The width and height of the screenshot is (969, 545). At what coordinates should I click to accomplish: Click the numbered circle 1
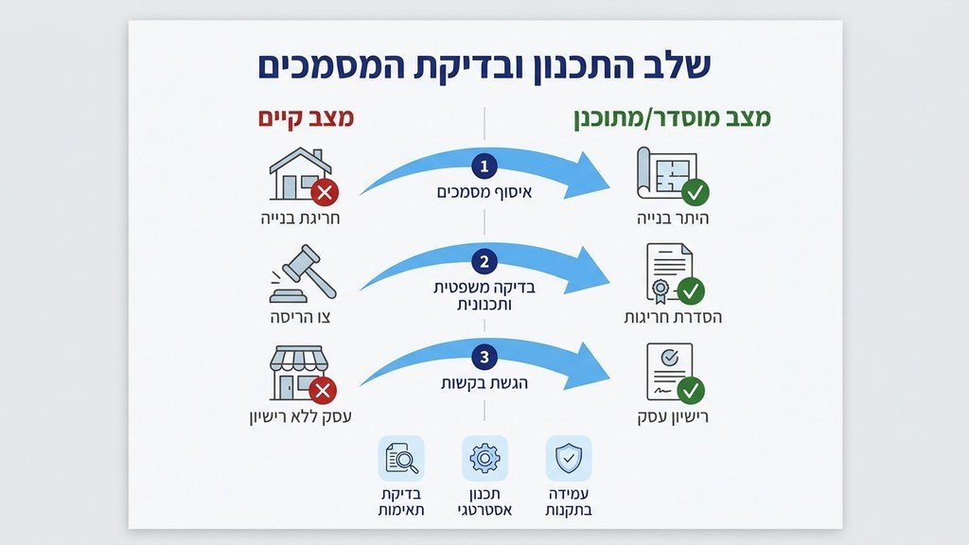click(484, 167)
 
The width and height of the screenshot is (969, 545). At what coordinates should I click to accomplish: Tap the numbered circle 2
click(484, 262)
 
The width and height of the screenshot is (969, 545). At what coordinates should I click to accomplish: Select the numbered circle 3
click(484, 358)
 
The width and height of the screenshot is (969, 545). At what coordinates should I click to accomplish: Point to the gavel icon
click(302, 273)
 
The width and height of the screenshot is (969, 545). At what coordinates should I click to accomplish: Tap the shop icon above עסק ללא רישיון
click(298, 372)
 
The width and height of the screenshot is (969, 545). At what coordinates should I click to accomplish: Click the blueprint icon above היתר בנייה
click(668, 172)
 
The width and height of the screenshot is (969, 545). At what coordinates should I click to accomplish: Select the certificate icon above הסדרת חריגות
click(668, 272)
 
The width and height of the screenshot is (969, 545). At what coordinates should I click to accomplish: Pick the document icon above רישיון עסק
click(668, 371)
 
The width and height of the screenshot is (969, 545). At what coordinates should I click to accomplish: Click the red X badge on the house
click(325, 193)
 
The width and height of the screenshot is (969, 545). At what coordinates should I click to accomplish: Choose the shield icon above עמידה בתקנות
click(569, 459)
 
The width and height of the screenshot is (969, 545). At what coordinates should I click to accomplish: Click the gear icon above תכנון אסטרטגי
click(484, 459)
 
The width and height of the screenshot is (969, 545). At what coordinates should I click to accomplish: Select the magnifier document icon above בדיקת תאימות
click(401, 459)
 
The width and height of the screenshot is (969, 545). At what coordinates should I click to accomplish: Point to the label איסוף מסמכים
click(484, 192)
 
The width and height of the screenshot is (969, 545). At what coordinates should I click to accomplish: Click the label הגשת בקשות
click(484, 383)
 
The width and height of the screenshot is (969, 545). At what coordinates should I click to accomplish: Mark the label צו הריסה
click(299, 316)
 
